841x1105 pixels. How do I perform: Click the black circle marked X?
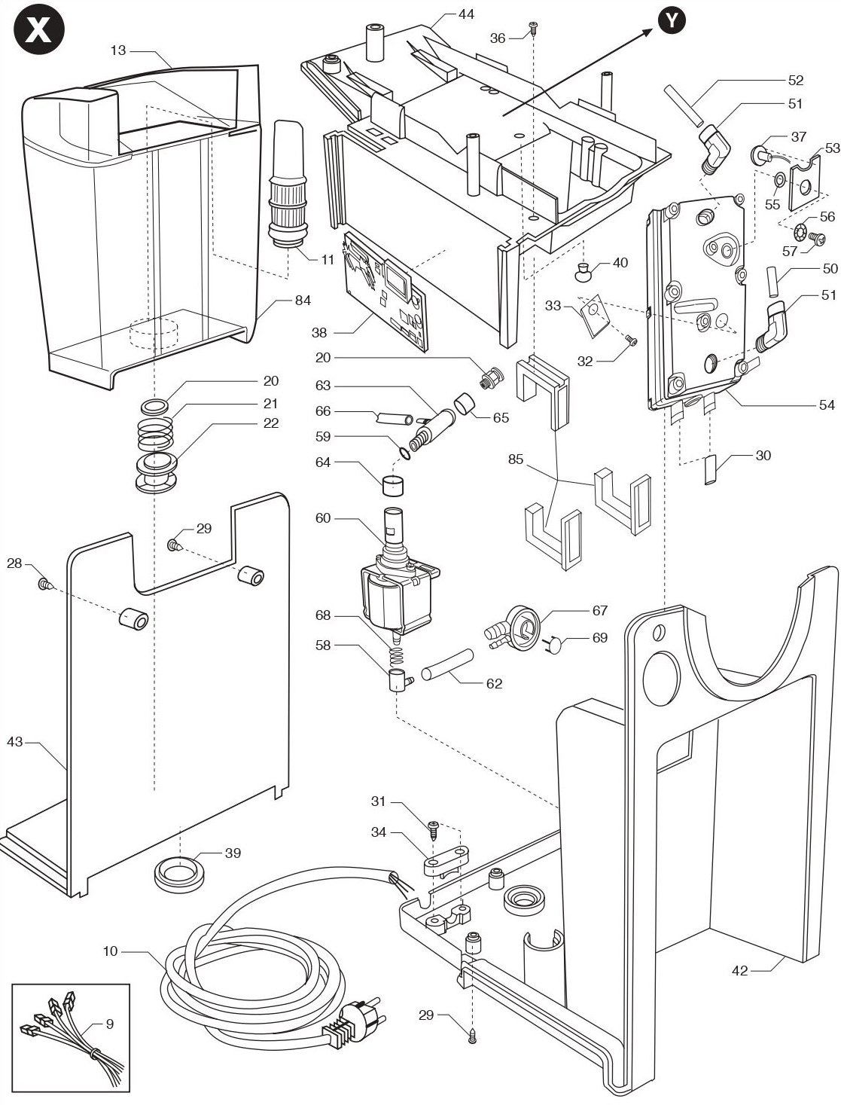pyautogui.click(x=38, y=29)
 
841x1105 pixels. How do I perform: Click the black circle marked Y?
pyautogui.click(x=672, y=20)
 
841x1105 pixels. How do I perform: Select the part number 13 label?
pyautogui.click(x=118, y=50)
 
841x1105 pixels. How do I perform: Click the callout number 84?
pyautogui.click(x=303, y=300)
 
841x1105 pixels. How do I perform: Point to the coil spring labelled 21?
pyautogui.click(x=155, y=434)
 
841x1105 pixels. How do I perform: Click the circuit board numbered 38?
pyautogui.click(x=385, y=291)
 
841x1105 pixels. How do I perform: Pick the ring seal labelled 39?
pyautogui.click(x=179, y=875)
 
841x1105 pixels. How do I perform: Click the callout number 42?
pyautogui.click(x=739, y=970)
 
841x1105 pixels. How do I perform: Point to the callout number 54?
pyautogui.click(x=827, y=404)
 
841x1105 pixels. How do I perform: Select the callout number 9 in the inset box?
pyautogui.click(x=110, y=1024)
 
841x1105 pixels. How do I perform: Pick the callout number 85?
pyautogui.click(x=516, y=459)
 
